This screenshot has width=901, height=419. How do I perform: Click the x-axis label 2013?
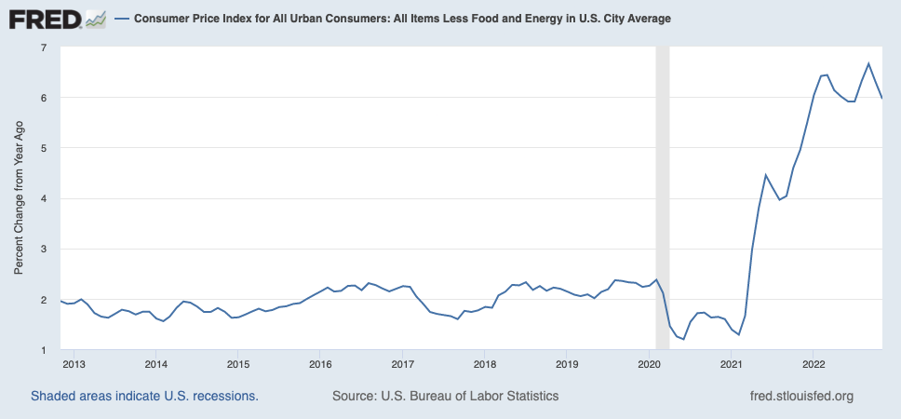coord(74,363)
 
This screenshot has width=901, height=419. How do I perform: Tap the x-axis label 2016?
coord(320,363)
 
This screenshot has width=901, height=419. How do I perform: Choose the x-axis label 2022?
coord(814,363)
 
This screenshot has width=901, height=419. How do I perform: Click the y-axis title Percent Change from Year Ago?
coord(19,198)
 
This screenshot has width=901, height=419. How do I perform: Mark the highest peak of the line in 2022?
coord(868,63)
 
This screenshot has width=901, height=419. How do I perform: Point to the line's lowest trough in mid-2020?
coord(684,339)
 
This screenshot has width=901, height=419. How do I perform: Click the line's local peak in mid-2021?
coord(765,175)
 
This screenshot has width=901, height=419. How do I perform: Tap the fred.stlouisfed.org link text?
coord(801,396)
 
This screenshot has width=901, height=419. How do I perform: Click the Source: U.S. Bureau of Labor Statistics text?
coord(445,396)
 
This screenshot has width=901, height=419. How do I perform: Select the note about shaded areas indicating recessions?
coord(144,396)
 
